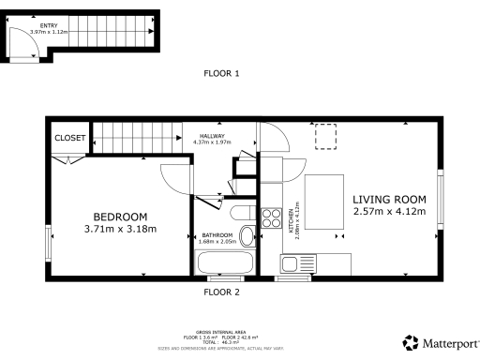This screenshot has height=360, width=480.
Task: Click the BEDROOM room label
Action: point(120,216)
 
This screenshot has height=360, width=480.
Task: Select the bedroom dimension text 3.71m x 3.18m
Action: point(120,228)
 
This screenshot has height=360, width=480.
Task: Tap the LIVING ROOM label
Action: point(389,199)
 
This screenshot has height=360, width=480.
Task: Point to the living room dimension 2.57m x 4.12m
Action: point(389,212)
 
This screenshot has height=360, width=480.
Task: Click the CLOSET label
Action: point(69,138)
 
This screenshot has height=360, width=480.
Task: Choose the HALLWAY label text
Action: point(212,136)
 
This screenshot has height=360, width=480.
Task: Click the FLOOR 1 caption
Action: point(222,72)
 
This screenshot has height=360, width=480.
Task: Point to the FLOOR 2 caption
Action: point(222,292)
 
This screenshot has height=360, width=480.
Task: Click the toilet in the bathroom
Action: point(247,234)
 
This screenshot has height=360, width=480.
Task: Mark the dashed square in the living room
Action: point(326,137)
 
